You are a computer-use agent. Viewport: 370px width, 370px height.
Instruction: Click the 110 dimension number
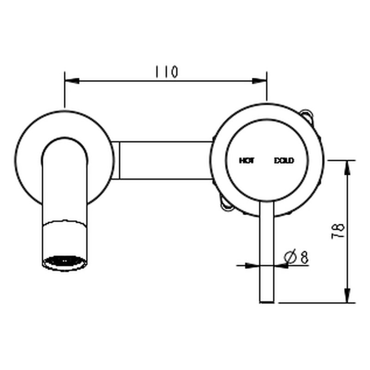coord(166,72)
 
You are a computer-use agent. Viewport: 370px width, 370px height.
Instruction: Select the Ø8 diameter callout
coord(296,257)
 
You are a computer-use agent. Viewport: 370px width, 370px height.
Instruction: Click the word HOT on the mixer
coord(247,160)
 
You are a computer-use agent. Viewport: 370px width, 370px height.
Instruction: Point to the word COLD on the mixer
coord(284,160)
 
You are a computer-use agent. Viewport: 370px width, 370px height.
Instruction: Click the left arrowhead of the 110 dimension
coord(72,81)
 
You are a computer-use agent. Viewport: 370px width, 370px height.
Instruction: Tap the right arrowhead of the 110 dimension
coord(259,81)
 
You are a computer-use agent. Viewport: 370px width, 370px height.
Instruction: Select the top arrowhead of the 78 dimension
coord(347,167)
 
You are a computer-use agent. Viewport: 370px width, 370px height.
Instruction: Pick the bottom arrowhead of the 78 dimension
coord(347,295)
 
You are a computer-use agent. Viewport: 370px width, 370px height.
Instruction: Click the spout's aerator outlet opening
coord(65,261)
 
